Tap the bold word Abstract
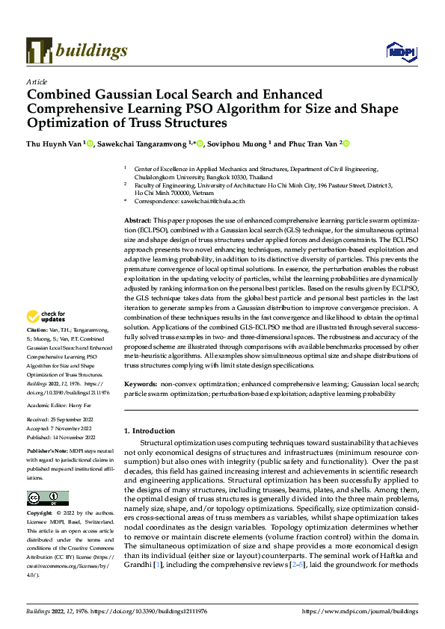138,222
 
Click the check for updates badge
46,317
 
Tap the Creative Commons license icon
47,498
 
